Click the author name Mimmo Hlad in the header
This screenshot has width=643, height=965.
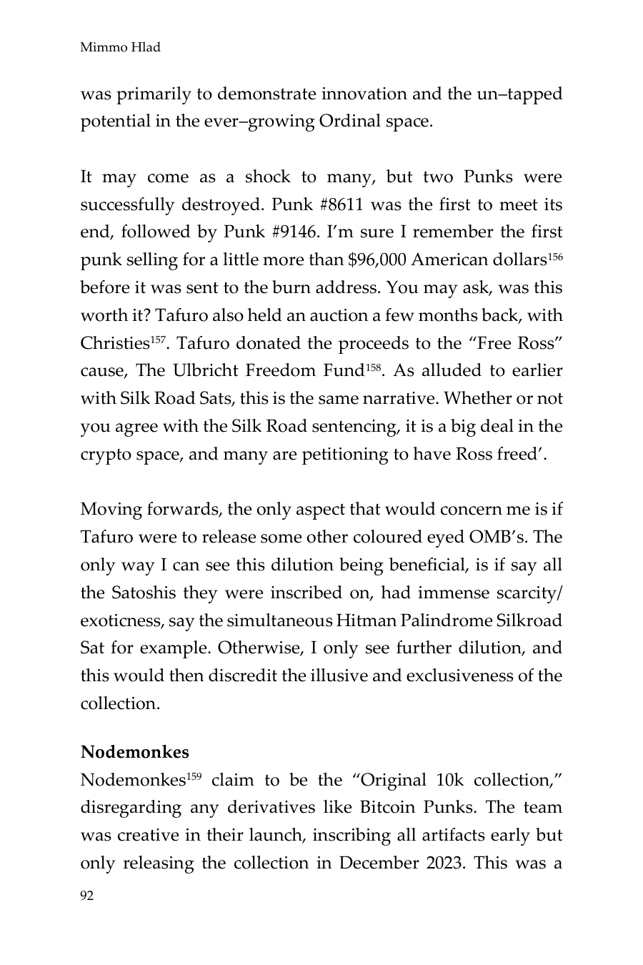[x=120, y=47]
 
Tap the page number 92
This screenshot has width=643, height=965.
[x=87, y=896]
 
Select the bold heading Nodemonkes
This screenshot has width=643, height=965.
[x=134, y=752]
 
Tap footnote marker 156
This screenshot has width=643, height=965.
[x=555, y=255]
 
